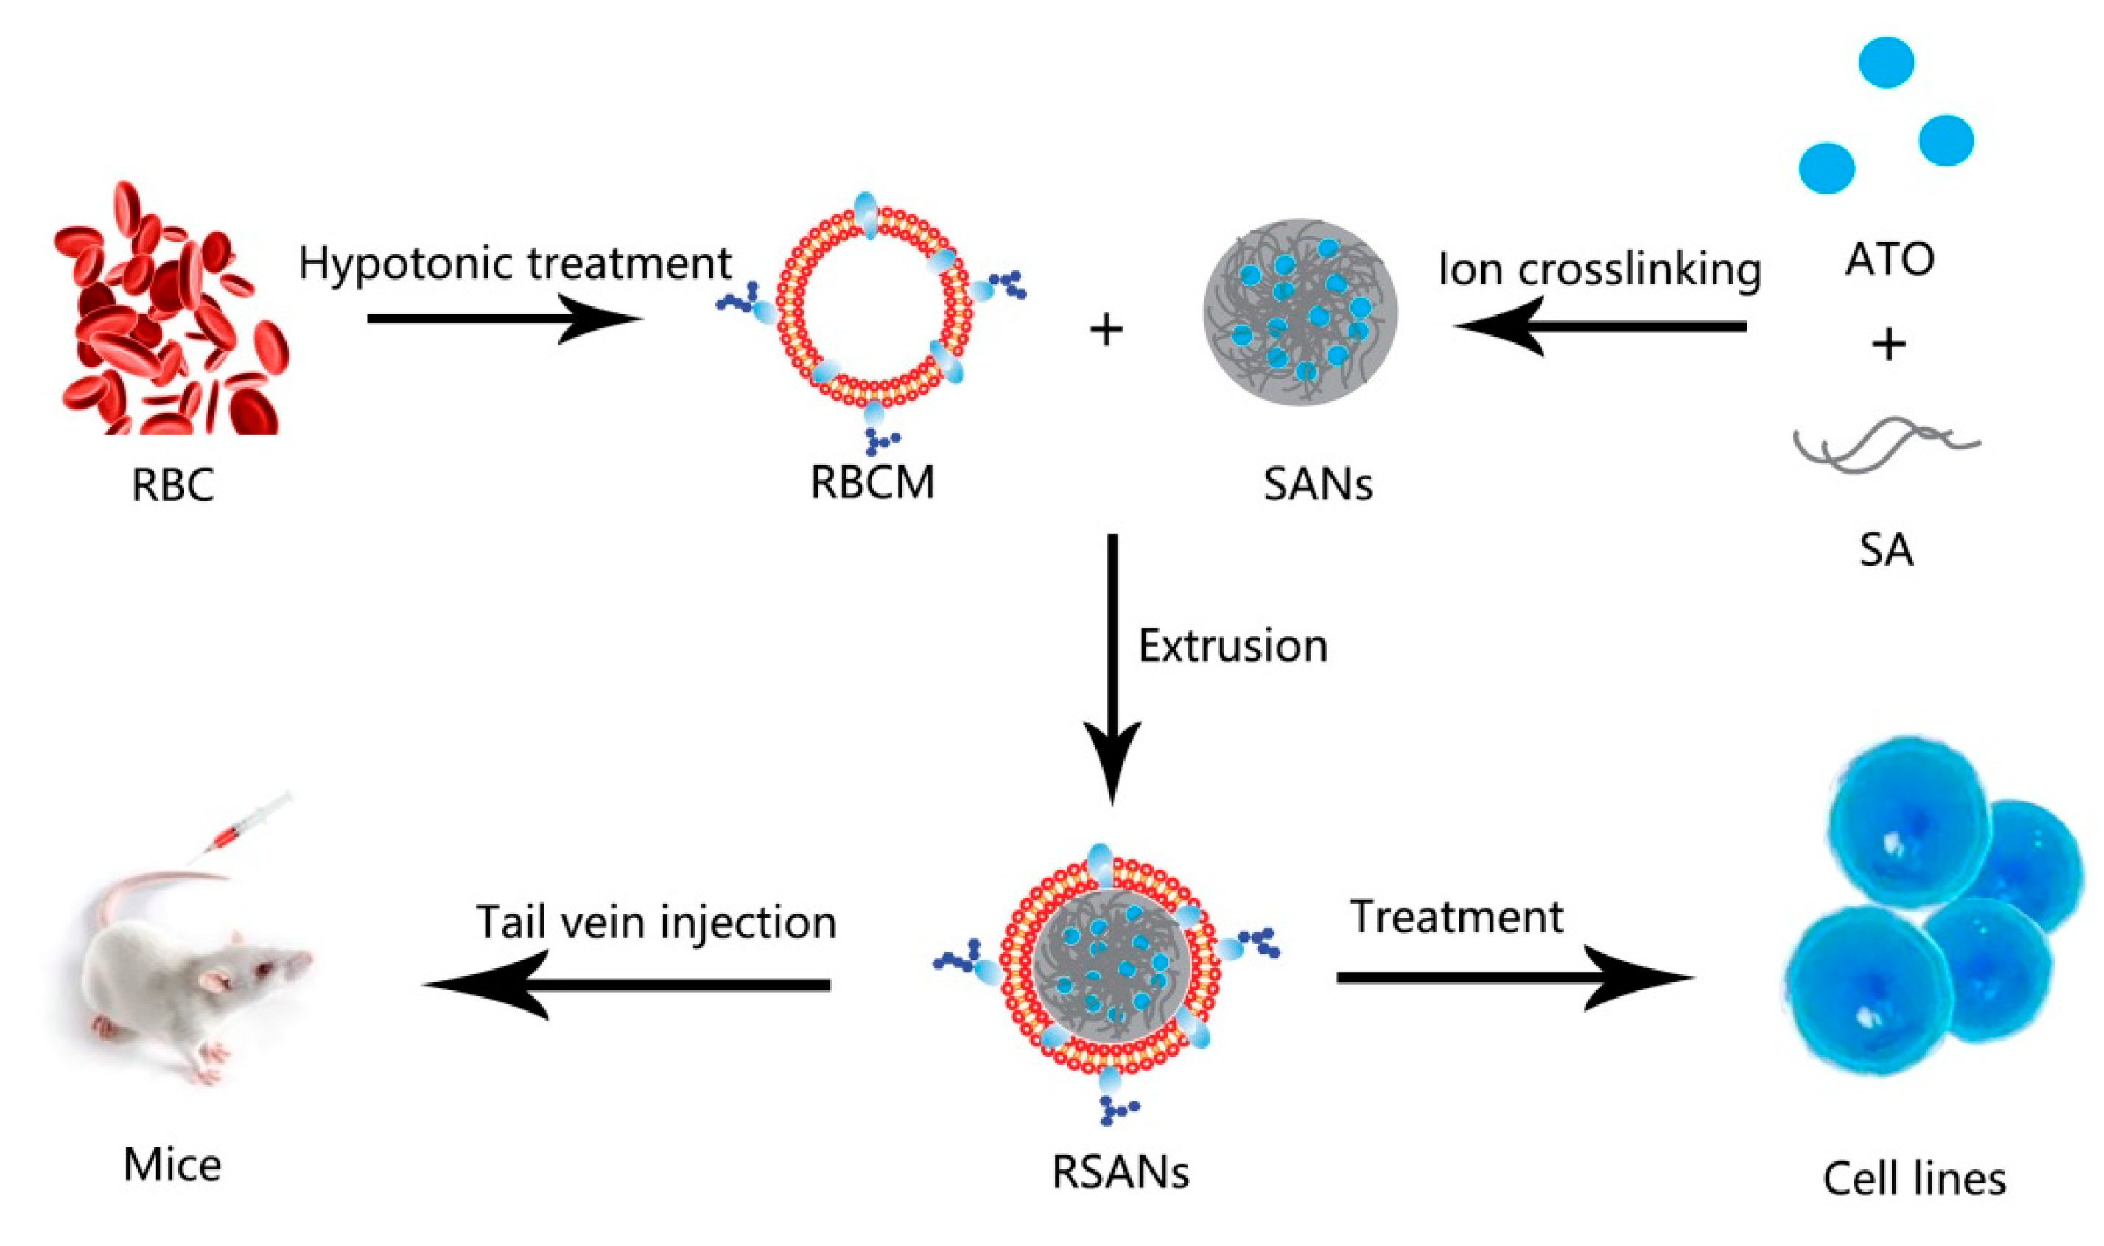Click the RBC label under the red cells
pyautogui.click(x=173, y=485)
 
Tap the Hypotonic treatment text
pyautogui.click(x=515, y=263)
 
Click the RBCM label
pyautogui.click(x=872, y=483)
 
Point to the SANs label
pyautogui.click(x=1318, y=485)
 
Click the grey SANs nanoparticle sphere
pyautogui.click(x=1300, y=323)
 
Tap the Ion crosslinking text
pyautogui.click(x=1599, y=270)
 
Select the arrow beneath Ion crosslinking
pyautogui.click(x=1600, y=327)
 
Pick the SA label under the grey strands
pyautogui.click(x=1886, y=550)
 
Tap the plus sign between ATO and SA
pyautogui.click(x=1889, y=344)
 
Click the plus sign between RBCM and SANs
pyautogui.click(x=1107, y=329)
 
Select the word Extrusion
pyautogui.click(x=1232, y=646)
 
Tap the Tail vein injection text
pyautogui.click(x=656, y=922)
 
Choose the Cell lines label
pyautogui.click(x=1914, y=1179)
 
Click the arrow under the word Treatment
pyautogui.click(x=1512, y=978)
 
